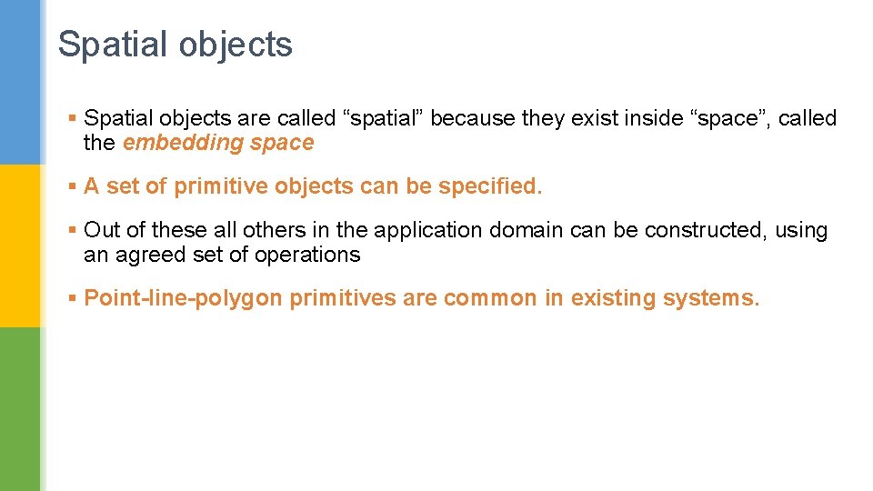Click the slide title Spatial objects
[175, 45]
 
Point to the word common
[490, 298]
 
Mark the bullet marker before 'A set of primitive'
[73, 186]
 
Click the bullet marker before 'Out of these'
[73, 230]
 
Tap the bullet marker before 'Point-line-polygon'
[73, 298]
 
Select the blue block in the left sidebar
[20, 82]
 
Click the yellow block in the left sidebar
[20, 245]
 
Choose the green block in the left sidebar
[20, 409]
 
